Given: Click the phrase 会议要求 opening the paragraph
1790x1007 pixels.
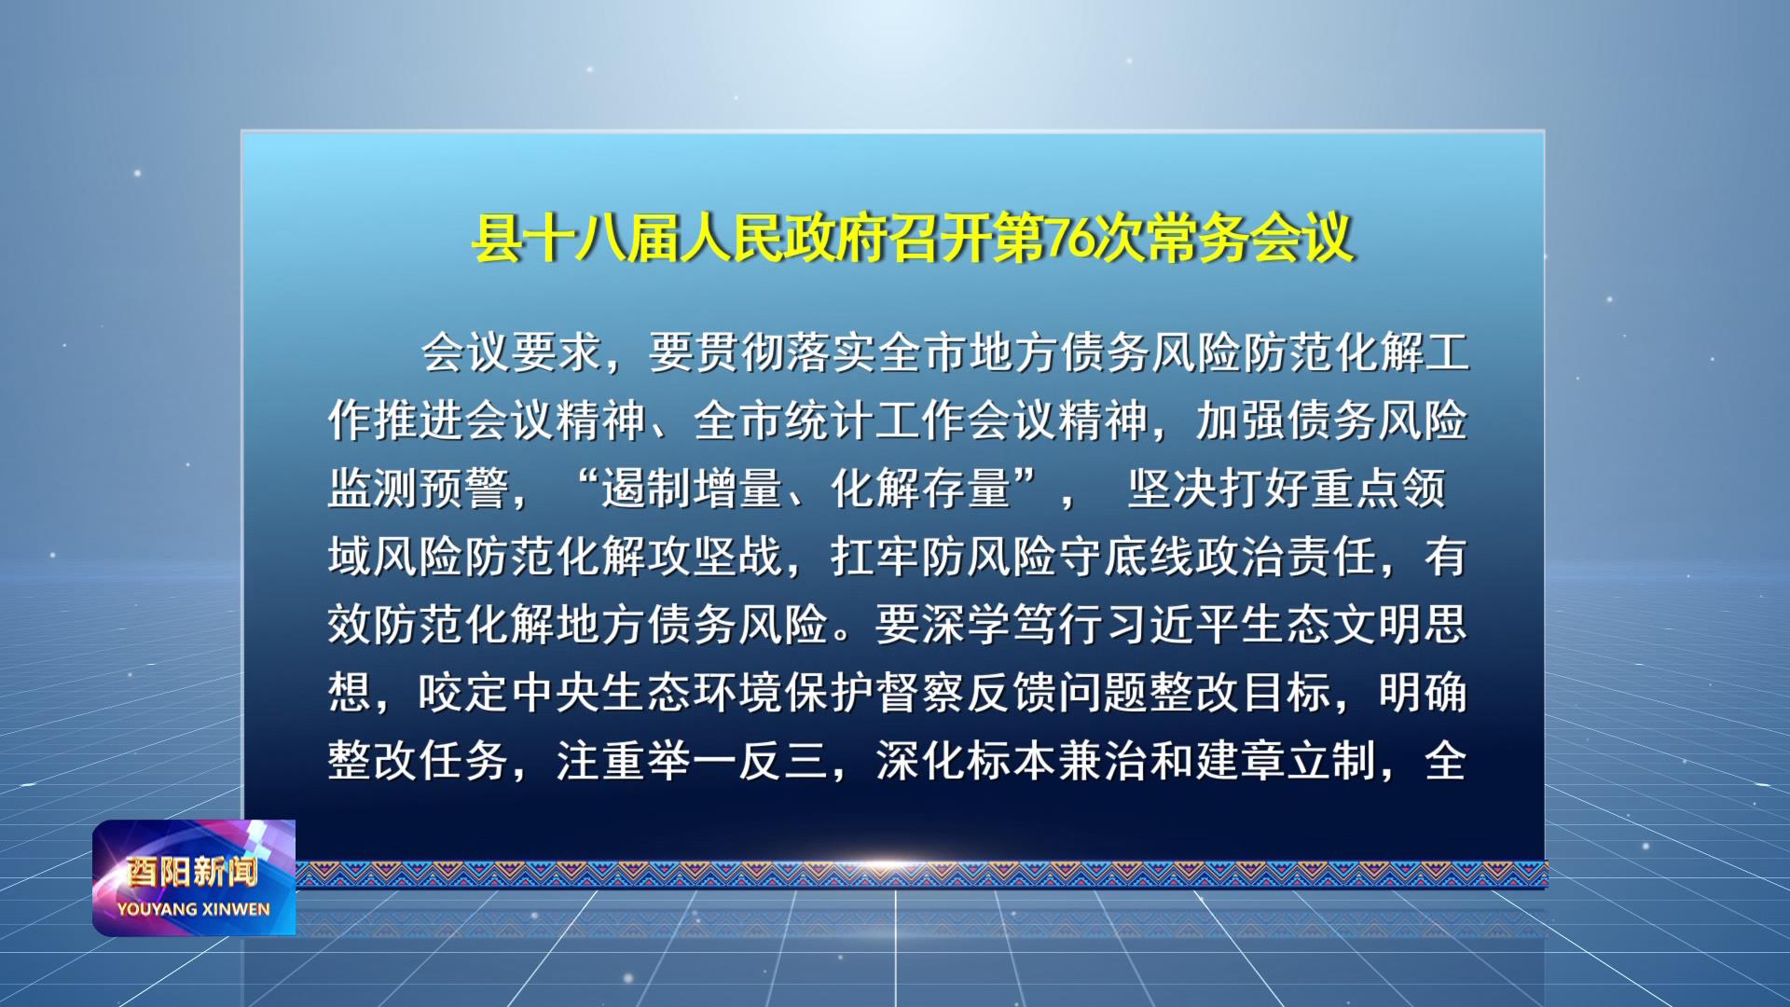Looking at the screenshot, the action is point(512,353).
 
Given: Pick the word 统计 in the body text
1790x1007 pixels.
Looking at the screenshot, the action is point(831,421).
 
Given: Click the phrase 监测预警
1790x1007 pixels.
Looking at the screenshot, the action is point(420,489).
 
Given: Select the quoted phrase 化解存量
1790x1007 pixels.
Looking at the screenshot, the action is point(921,489).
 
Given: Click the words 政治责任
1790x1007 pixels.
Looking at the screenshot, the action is point(1287,557).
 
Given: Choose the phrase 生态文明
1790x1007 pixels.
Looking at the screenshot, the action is point(1332,625).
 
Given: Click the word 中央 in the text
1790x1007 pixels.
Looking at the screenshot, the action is point(557,693).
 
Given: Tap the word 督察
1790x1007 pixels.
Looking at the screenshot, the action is point(921,693).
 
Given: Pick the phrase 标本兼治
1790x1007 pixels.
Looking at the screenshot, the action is point(1058,761).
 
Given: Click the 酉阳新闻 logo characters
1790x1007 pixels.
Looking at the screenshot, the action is point(193,872).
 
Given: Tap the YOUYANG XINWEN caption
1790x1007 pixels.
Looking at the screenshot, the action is point(194,909).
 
